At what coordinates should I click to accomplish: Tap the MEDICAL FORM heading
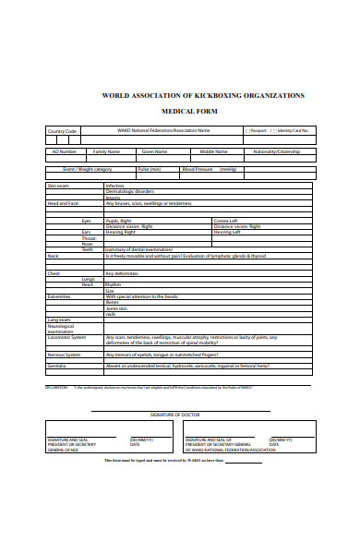point(202,111)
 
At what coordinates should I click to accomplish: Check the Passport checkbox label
point(258,131)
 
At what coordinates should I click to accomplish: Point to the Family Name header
point(106,151)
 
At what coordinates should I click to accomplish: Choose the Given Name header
point(154,151)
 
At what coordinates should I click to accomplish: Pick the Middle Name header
point(213,151)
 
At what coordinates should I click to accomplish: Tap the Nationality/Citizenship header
point(276,151)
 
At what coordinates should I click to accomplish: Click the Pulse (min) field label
point(149,169)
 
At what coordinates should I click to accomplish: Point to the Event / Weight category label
point(87,169)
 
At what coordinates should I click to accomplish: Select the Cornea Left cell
point(226,221)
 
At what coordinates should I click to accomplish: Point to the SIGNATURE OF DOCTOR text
point(181,415)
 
